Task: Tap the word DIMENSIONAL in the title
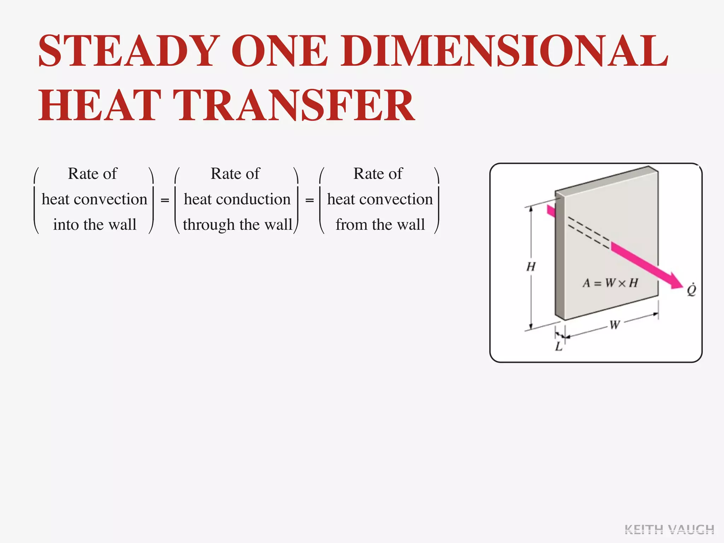504,51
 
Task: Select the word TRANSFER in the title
296,105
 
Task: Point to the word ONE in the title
279,51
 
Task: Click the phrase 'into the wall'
94,225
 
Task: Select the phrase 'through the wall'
237,225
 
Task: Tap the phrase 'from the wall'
380,225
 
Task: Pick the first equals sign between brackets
165,200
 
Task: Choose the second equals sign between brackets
309,200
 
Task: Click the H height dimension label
531,267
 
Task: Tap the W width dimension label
614,324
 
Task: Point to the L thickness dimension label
559,346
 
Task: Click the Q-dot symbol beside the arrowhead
691,290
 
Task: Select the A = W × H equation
610,283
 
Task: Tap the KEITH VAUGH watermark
669,530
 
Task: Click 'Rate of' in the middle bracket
235,174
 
